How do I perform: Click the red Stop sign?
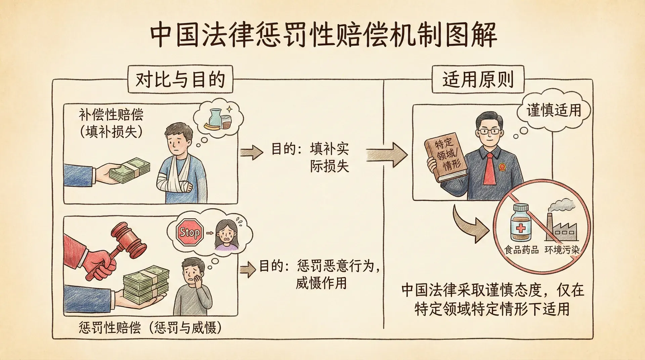190,232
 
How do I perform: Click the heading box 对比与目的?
180,80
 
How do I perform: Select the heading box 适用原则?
478,80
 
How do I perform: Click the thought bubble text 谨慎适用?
554,110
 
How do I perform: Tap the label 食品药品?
521,250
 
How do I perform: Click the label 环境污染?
562,250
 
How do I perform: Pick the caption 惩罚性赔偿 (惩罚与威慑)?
150,327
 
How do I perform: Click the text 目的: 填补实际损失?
311,157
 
